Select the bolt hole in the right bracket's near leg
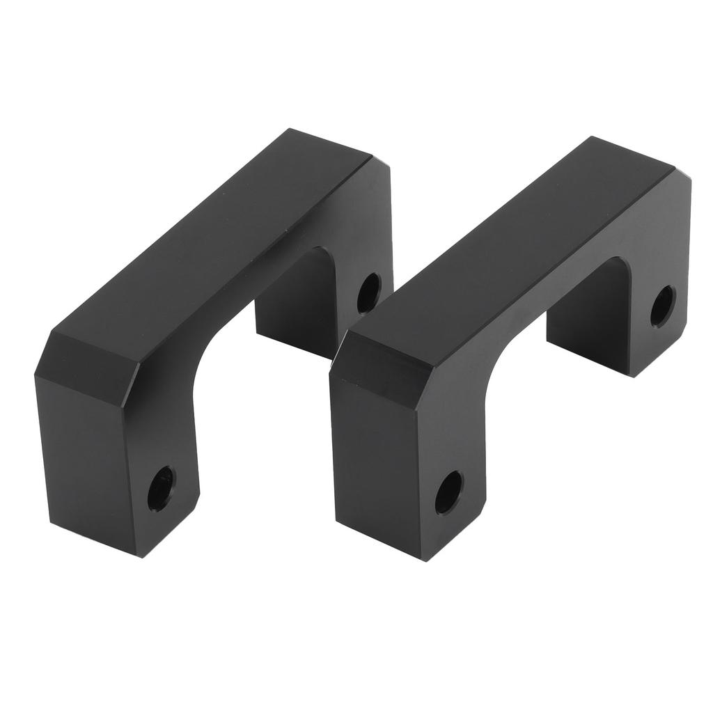coord(449,492)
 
